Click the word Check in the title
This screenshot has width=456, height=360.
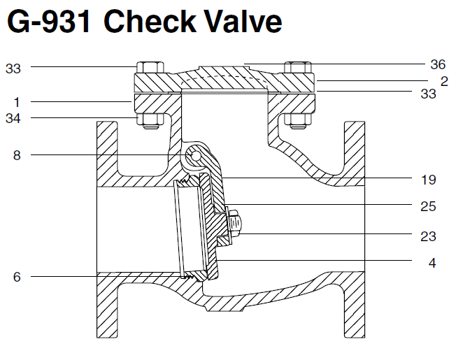[148, 22]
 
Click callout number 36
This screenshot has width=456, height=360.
[438, 64]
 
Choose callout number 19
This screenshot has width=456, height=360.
[429, 180]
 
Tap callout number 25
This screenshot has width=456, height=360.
[429, 206]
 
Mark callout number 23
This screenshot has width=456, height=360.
[429, 236]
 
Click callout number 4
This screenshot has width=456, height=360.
[434, 264]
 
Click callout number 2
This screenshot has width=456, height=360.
[444, 81]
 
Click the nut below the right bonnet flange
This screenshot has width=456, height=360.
[297, 121]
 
